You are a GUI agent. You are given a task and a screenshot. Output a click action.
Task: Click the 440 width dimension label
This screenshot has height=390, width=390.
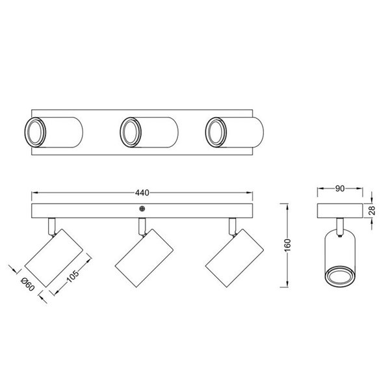point(142,192)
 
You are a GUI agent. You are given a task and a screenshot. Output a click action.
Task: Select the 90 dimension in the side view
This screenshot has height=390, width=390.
point(339,189)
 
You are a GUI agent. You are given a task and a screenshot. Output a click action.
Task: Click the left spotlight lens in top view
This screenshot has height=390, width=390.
point(34,133)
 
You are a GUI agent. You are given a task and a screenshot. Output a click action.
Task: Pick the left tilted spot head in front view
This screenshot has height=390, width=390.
point(54,259)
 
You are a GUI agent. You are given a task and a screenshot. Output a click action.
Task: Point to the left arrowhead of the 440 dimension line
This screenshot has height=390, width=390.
point(35,193)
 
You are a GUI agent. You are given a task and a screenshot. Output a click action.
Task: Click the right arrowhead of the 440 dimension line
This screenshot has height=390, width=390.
point(250,193)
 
